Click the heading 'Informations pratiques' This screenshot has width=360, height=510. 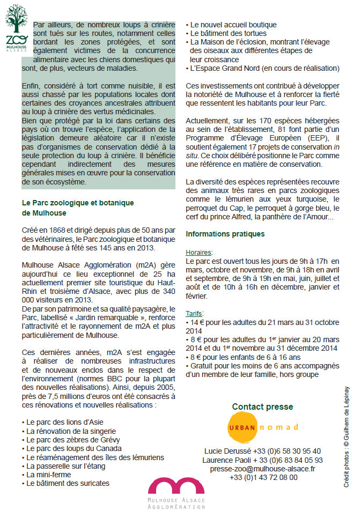225,234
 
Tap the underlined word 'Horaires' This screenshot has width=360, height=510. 199,252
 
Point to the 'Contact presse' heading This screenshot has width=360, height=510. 262,406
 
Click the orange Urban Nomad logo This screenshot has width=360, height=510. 263,427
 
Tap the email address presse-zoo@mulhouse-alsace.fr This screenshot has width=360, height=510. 262,468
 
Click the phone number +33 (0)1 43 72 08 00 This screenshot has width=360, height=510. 262,477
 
